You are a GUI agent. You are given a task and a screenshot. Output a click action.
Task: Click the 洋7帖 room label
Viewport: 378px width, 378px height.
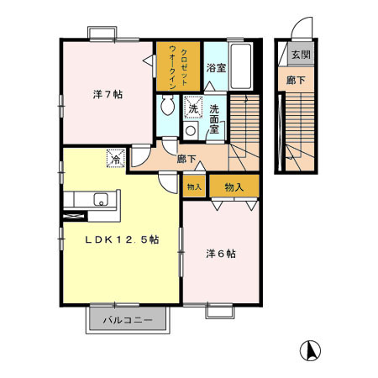(x=106, y=94)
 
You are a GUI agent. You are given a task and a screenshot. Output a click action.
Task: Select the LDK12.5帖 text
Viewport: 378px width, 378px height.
(x=121, y=239)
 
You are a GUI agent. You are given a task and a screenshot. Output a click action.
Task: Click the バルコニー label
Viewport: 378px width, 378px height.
(x=129, y=320)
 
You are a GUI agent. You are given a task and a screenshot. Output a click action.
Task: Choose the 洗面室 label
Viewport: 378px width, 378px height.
(x=216, y=113)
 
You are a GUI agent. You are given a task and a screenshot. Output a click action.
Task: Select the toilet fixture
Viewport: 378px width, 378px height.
(x=166, y=106)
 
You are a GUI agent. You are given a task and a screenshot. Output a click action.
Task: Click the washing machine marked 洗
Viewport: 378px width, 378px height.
(x=192, y=108)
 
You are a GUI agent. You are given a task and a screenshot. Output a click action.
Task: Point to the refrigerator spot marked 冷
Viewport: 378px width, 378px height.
(x=113, y=156)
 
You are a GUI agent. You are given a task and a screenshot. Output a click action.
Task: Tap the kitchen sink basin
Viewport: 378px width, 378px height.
(x=101, y=200)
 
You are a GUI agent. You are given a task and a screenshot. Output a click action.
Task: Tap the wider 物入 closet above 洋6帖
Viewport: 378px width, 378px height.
(x=233, y=186)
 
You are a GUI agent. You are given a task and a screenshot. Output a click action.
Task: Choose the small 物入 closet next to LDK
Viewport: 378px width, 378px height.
(x=193, y=186)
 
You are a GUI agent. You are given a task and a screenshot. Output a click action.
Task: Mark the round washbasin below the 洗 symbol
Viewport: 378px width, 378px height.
(x=191, y=131)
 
